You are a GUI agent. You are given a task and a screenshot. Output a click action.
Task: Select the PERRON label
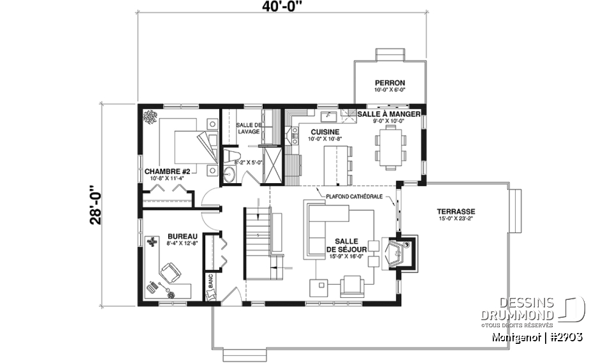point(390,83)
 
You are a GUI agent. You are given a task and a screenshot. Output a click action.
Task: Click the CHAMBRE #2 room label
point(168,172)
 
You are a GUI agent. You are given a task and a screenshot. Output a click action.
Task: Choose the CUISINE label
point(324,132)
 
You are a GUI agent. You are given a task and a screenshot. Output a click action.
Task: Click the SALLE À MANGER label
point(388,114)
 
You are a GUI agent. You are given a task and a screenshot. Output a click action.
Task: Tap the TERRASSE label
point(456,212)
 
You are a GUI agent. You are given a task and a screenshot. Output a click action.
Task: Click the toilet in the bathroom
point(232,157)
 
